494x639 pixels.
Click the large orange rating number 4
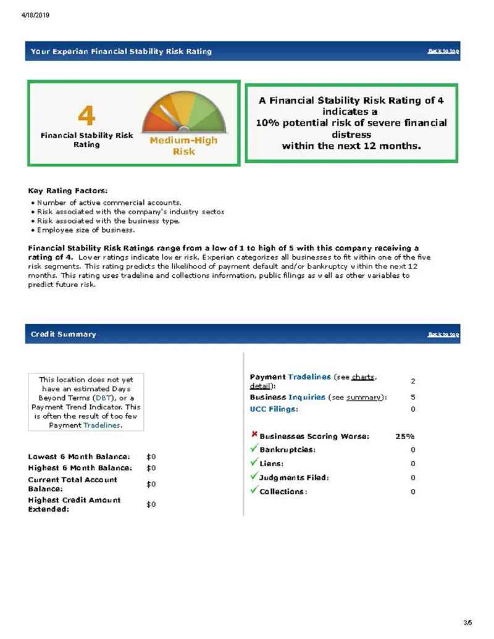(86, 115)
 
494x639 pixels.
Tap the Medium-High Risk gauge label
(183, 146)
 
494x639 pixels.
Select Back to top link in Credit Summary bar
(443, 334)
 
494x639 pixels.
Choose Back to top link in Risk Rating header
(443, 51)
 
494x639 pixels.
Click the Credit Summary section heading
(64, 334)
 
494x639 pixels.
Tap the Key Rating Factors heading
(68, 191)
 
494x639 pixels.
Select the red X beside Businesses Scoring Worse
(254, 435)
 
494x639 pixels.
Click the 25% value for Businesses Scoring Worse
(404, 436)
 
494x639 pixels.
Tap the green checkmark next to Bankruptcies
(254, 449)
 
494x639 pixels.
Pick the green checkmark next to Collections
(254, 490)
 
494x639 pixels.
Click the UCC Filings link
(274, 409)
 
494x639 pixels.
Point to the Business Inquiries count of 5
(412, 397)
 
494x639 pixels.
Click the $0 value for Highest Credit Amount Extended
(151, 504)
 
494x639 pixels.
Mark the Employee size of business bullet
(85, 230)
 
